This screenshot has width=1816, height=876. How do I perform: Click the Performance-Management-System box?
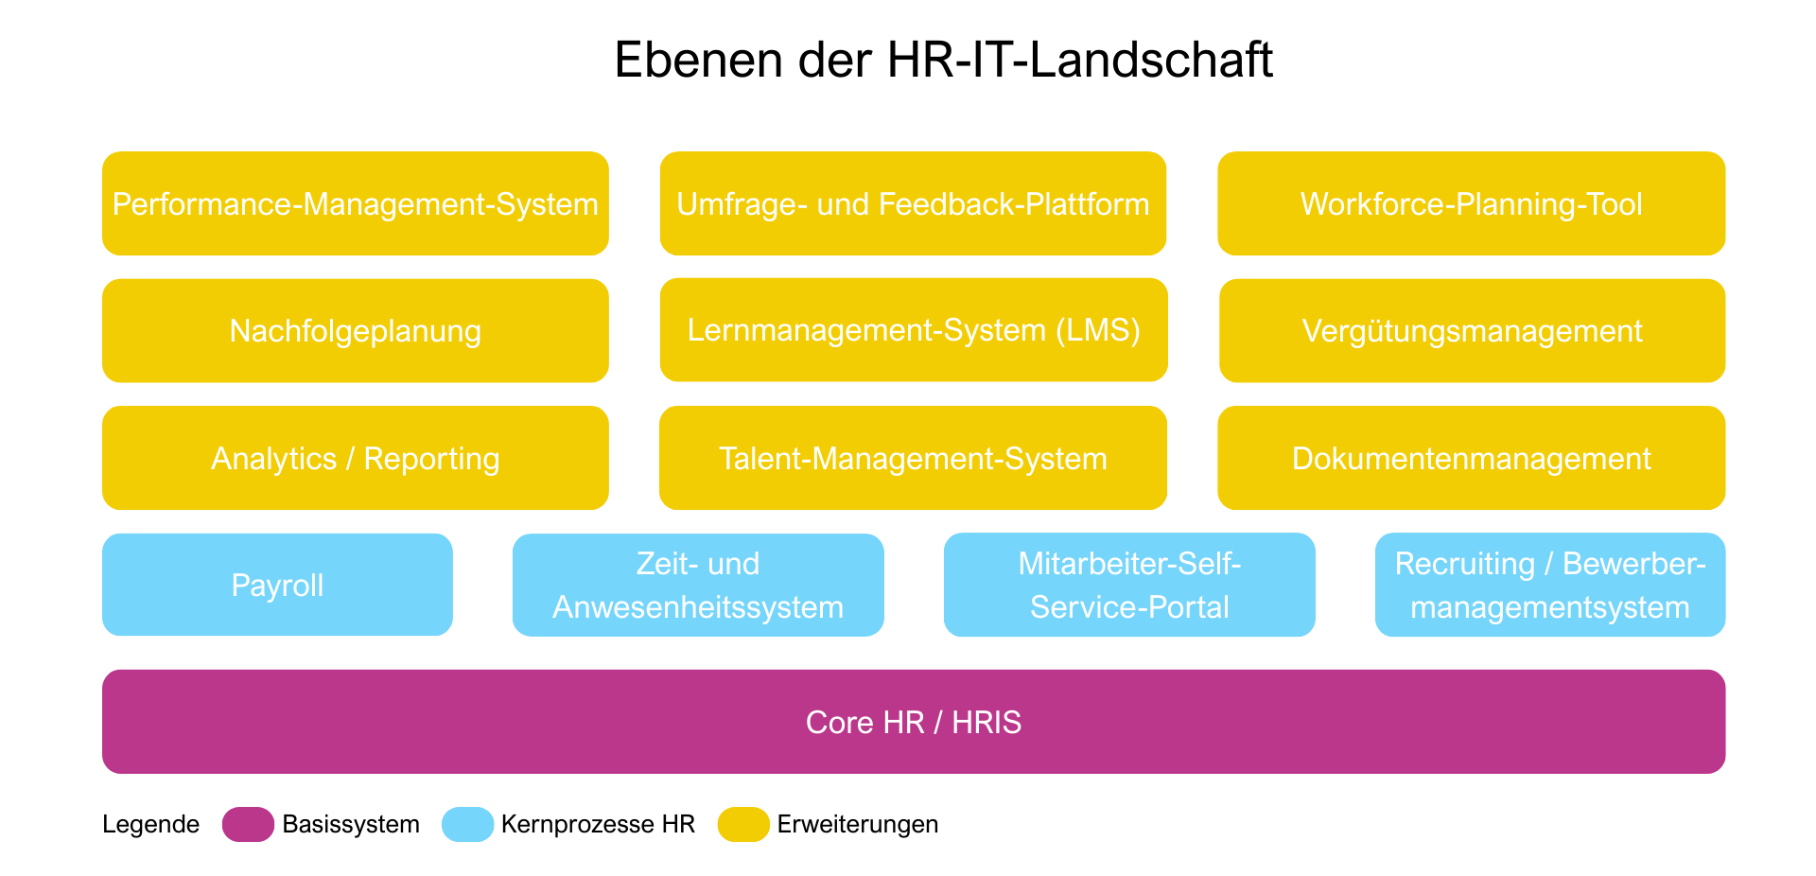(x=355, y=203)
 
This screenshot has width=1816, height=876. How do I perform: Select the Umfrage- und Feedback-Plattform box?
(x=913, y=203)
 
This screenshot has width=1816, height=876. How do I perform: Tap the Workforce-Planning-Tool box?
(x=1471, y=203)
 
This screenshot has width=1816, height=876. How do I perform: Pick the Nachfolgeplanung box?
(x=355, y=330)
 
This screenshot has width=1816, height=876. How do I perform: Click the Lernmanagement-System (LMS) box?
(x=913, y=330)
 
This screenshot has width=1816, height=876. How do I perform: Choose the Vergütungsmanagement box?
(x=1472, y=330)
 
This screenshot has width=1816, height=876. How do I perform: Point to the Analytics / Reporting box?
(x=355, y=458)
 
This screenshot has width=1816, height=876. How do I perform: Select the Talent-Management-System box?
(x=913, y=458)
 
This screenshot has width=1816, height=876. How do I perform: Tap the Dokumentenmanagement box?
(x=1471, y=458)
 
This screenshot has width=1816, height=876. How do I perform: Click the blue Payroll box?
(x=277, y=585)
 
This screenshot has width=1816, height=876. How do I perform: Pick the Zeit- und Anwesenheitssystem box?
(x=698, y=585)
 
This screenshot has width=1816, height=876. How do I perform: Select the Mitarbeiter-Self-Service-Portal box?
(x=1129, y=585)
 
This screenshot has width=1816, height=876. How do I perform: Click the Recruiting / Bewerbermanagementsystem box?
(x=1549, y=585)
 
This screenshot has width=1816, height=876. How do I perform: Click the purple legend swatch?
(x=248, y=824)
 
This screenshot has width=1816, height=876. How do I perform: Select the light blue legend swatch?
(x=467, y=824)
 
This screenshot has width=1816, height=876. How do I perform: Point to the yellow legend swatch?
(x=743, y=824)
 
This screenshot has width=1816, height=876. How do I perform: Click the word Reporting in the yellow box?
(x=431, y=459)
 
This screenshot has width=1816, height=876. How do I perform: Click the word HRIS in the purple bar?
(x=986, y=723)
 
